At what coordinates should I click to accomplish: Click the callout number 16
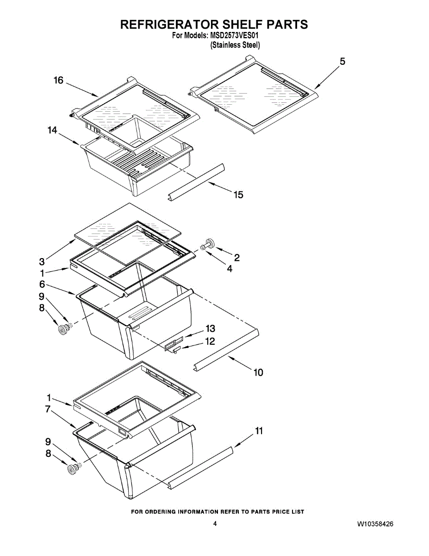(58, 81)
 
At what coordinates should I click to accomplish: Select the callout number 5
(342, 62)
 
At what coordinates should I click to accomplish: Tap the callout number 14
(52, 131)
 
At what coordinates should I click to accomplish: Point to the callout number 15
(238, 195)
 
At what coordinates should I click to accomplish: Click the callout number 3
(42, 261)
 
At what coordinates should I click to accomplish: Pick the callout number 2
(236, 258)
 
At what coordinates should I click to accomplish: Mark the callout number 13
(210, 329)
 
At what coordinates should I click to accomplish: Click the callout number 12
(210, 341)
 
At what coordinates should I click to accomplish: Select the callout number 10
(258, 372)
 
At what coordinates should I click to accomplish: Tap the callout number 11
(259, 431)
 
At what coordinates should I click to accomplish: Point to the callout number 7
(48, 409)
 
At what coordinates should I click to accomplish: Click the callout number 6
(42, 284)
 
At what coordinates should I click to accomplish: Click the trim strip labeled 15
(197, 181)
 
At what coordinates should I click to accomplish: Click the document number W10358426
(375, 524)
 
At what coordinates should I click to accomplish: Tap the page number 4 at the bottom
(215, 524)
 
